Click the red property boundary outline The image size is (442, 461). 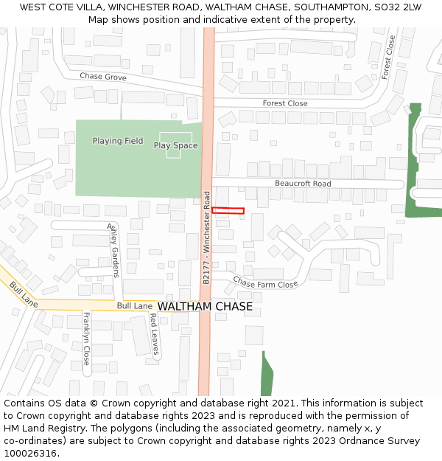coord(228,211)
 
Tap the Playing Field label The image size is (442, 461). coord(118,141)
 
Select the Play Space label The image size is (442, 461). coord(175,145)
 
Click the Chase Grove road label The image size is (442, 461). coord(103,77)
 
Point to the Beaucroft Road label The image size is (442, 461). coord(303,184)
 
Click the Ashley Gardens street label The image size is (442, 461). coord(113,251)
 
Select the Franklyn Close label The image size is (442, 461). coord(86,339)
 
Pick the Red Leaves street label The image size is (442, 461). coord(154,334)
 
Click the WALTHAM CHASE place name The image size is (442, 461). coord(205,306)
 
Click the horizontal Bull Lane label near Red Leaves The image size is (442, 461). coord(134,305)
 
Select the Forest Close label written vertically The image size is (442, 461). coord(388,57)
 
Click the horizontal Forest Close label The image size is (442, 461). coord(285,103)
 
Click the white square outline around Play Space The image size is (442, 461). coord(175,145)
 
